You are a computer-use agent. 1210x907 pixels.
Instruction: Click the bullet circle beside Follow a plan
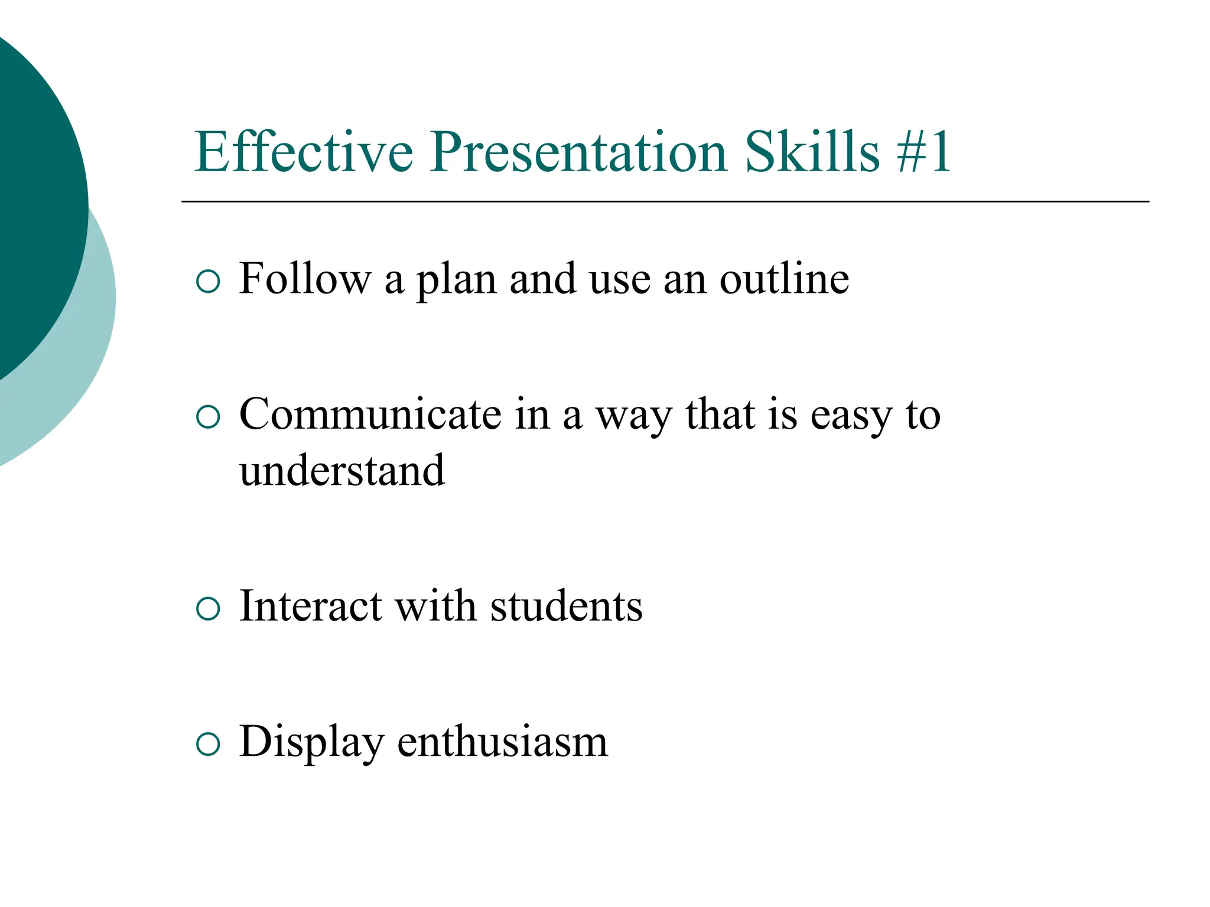(x=207, y=282)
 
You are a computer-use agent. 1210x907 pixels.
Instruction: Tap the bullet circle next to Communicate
(x=207, y=417)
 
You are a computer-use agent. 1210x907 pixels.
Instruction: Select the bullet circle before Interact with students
(x=207, y=609)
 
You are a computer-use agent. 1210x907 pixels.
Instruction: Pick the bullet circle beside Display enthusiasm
(x=207, y=744)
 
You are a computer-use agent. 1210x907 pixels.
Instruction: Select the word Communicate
(x=370, y=414)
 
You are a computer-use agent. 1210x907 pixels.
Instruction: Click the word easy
(x=850, y=416)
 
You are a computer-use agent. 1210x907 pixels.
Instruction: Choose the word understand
(x=342, y=471)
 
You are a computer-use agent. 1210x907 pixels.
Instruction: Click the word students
(x=566, y=606)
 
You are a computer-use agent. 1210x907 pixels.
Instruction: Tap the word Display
(x=311, y=742)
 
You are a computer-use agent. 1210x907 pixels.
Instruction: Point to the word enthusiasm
(x=502, y=742)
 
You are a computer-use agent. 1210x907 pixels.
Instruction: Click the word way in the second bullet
(x=633, y=416)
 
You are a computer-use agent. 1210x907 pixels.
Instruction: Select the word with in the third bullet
(x=435, y=606)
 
